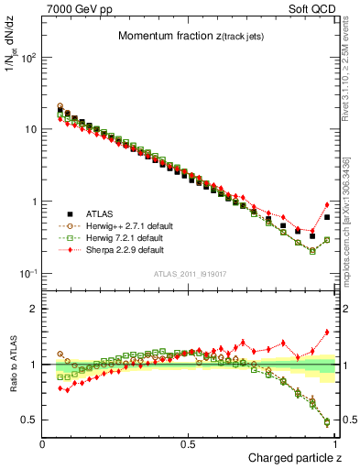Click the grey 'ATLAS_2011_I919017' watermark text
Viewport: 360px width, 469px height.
click(x=190, y=272)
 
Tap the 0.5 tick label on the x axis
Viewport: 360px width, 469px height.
click(x=189, y=443)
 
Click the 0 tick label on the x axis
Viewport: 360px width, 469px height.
click(x=43, y=443)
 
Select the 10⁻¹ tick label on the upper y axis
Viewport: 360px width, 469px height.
click(x=29, y=274)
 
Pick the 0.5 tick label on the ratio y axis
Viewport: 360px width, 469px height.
click(x=29, y=420)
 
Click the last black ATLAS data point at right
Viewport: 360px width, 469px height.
click(x=327, y=217)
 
